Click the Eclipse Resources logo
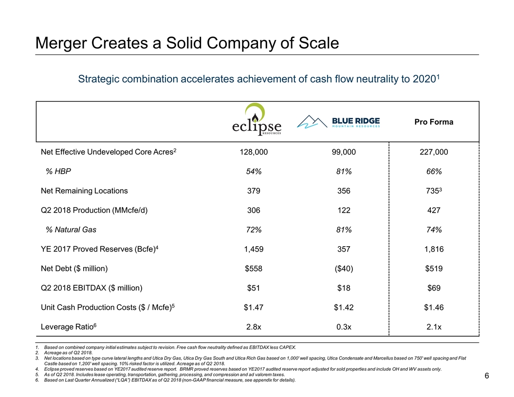(x=257, y=120)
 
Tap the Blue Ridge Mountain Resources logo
(x=338, y=122)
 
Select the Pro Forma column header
(x=434, y=122)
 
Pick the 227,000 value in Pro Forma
(x=433, y=152)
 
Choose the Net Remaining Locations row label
(x=84, y=191)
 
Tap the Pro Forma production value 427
(x=433, y=211)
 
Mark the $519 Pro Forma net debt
(x=433, y=269)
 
